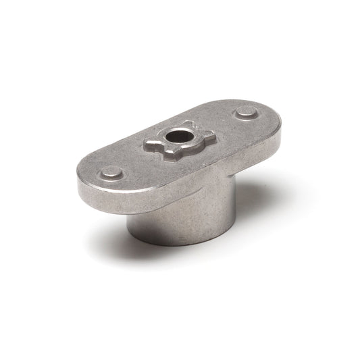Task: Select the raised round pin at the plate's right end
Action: click(x=247, y=113)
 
